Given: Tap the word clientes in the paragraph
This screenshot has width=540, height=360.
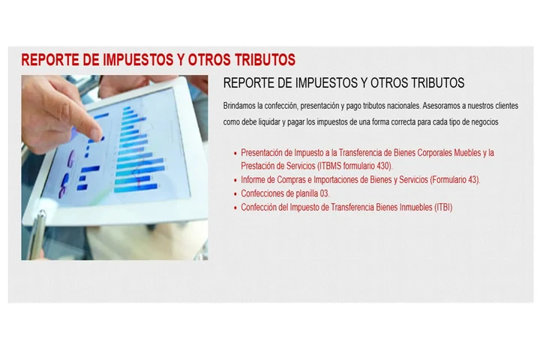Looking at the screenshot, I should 502,105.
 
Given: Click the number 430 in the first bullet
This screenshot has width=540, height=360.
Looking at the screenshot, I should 382,166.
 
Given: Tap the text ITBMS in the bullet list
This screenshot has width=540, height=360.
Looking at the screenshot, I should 332,166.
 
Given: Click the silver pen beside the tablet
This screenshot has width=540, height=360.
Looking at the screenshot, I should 37,232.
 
